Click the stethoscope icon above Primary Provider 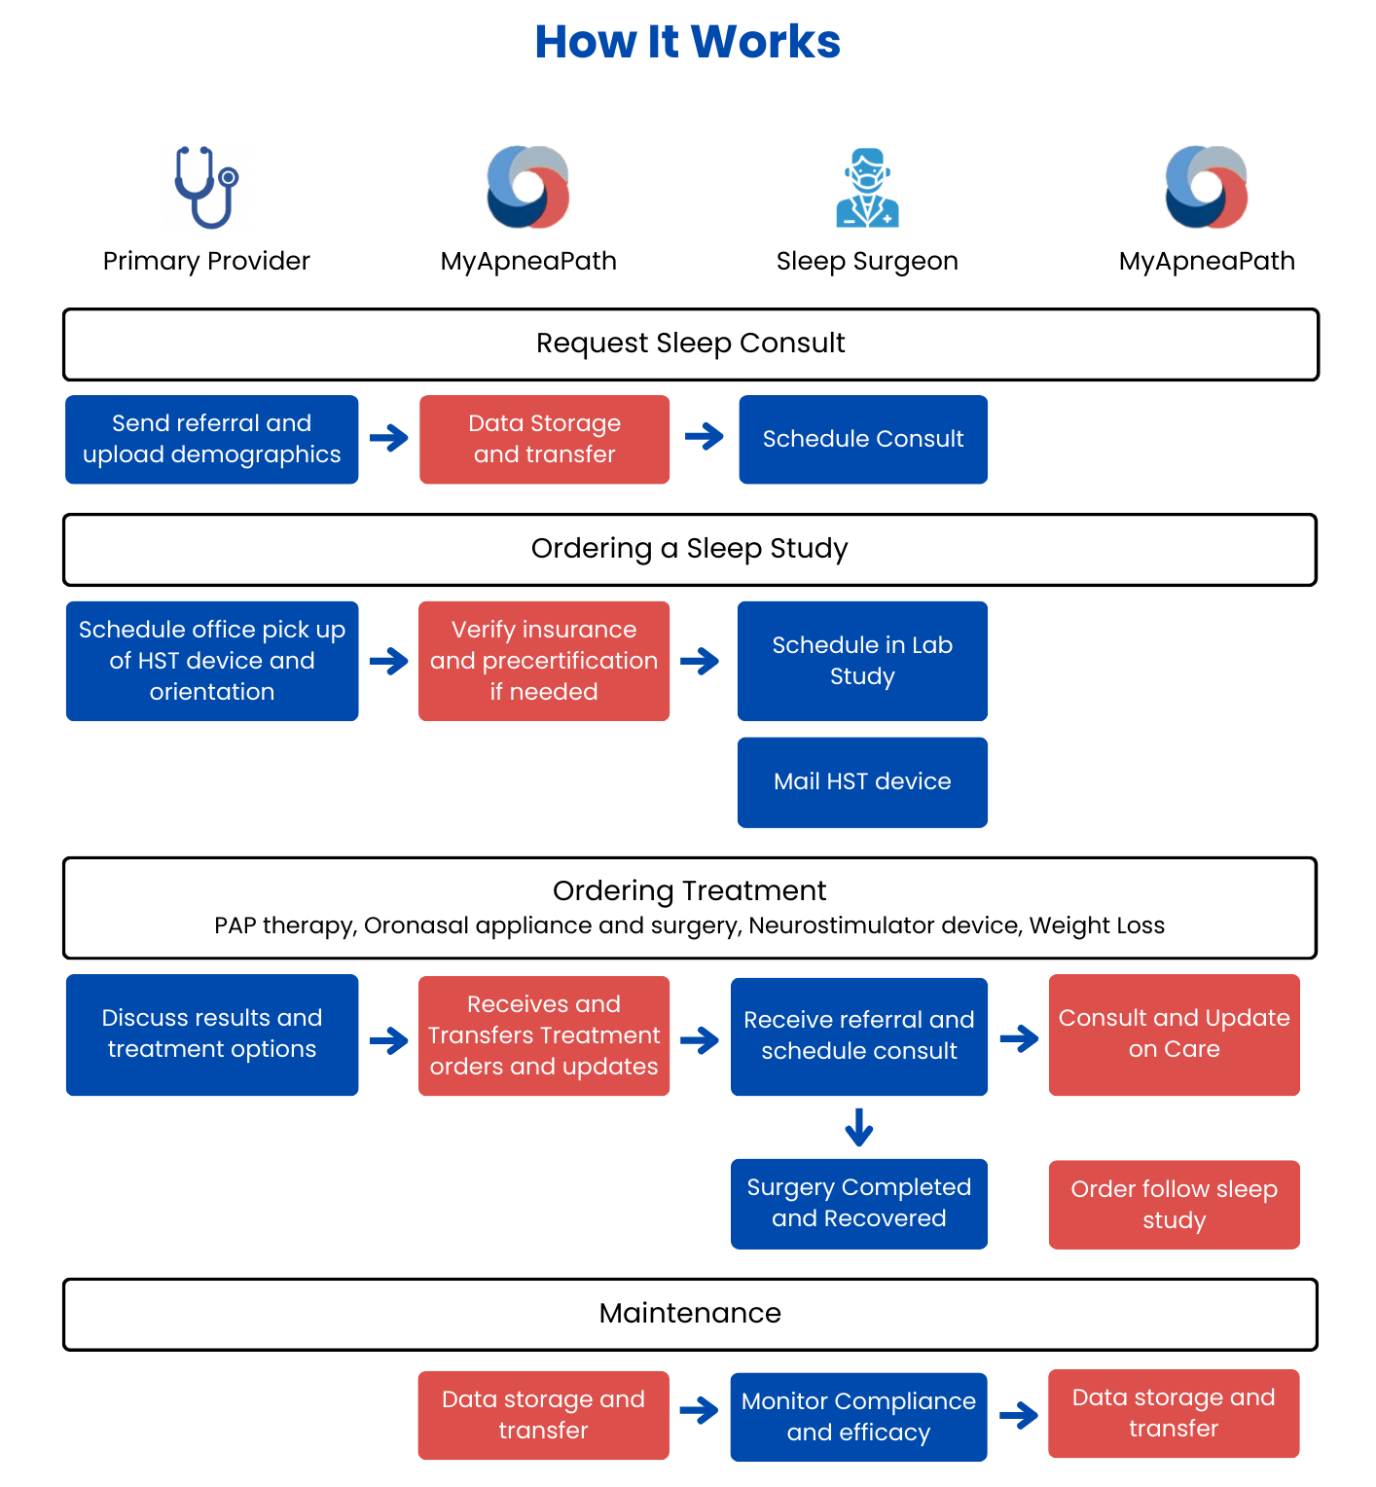[206, 188]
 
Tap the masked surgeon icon [867, 188]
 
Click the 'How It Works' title [687, 42]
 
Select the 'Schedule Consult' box [863, 439]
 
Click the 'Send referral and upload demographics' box [212, 439]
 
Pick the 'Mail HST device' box [862, 782]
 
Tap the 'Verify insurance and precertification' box [544, 661]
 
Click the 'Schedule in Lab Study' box [862, 661]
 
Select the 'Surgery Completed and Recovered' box [859, 1204]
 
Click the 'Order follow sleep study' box [1175, 1205]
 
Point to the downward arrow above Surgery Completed [859, 1127]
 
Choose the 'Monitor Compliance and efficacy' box [858, 1417]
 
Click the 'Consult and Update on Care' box [1175, 1034]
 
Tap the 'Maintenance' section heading [690, 1314]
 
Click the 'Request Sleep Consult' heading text [690, 344]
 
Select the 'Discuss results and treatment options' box [212, 1034]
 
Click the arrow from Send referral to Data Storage [389, 438]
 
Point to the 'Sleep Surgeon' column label [867, 262]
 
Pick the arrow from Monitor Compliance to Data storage [1019, 1415]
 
